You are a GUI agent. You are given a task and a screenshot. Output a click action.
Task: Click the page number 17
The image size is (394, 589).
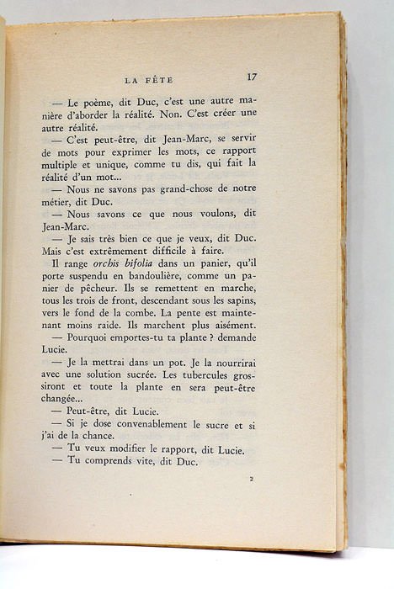point(252,77)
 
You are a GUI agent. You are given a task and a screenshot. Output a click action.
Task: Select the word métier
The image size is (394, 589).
point(74,207)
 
